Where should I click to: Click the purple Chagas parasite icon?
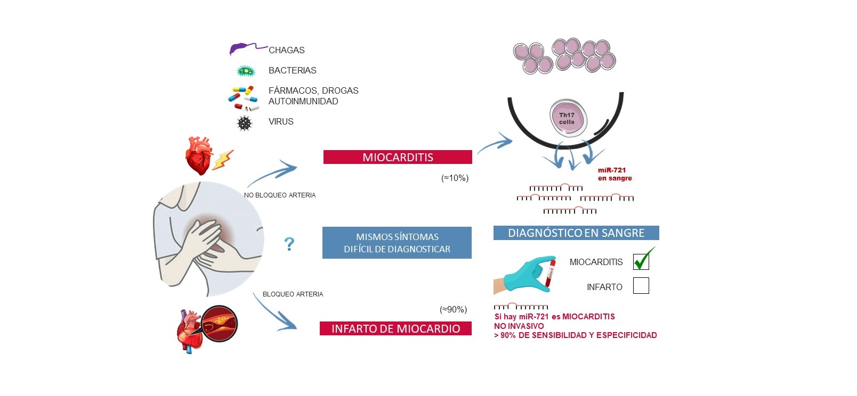(241, 49)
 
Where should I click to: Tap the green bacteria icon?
(246, 71)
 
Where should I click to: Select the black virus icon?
(245, 123)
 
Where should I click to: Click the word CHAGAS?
(287, 50)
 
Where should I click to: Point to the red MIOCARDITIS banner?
(398, 157)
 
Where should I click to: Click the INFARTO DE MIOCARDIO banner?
(395, 328)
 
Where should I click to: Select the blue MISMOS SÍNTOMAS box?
(397, 243)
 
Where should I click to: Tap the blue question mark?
(289, 244)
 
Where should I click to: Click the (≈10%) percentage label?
(455, 178)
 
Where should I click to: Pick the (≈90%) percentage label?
(453, 309)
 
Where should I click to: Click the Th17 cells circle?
(568, 118)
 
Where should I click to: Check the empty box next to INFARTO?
(641, 286)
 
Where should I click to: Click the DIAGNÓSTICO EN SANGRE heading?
(576, 233)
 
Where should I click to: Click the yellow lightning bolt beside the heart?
(222, 159)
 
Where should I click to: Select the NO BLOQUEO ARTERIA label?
(280, 195)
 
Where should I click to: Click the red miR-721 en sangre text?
(615, 174)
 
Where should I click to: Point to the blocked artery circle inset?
(220, 324)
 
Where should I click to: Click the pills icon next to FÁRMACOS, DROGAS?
(244, 98)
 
